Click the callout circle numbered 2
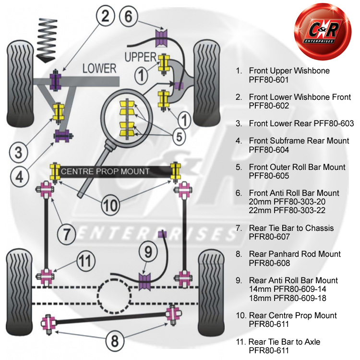pos(108,18)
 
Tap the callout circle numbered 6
pos(128,16)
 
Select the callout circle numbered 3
pos(18,153)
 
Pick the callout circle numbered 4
pos(19,177)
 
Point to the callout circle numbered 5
pos(179,137)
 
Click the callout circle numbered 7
pos(67,234)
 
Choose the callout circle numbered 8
pos(114,341)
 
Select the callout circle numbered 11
pos(85,261)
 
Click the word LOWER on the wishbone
pos(99,68)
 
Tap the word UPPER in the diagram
pos(141,57)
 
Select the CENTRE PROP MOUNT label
pos(105,171)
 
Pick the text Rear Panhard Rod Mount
pos(295,254)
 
